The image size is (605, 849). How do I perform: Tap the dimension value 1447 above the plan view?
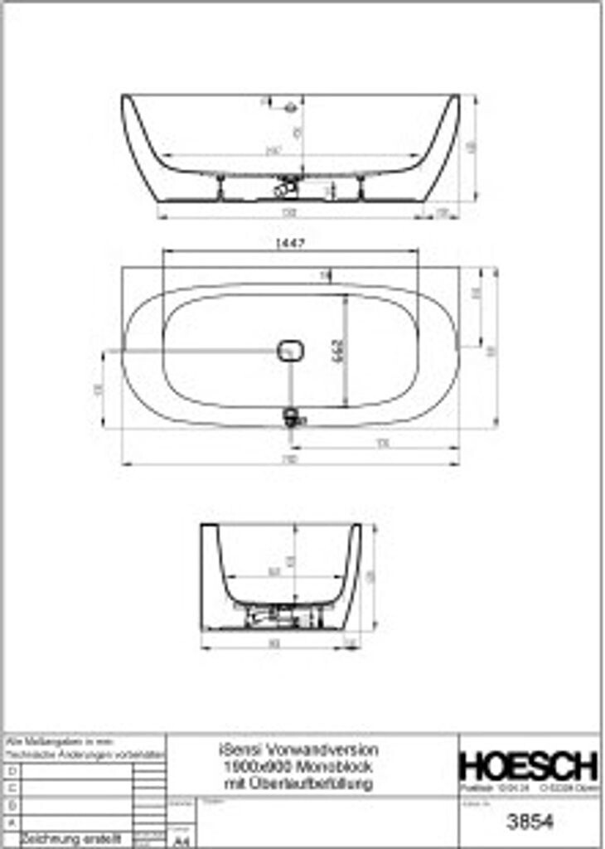pos(290,243)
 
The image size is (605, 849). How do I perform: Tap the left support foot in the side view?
pos(220,188)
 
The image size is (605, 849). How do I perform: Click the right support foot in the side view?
pos(361,188)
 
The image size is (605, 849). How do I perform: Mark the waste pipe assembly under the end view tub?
pos(278,617)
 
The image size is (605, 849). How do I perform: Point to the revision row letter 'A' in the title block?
pos(11,822)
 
